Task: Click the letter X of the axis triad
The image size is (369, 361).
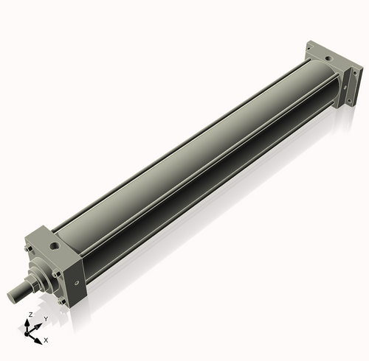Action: point(46,340)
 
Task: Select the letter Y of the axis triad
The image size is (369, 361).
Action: point(45,318)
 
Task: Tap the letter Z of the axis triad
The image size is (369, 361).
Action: point(30,315)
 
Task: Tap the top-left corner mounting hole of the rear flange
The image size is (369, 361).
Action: point(311,46)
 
